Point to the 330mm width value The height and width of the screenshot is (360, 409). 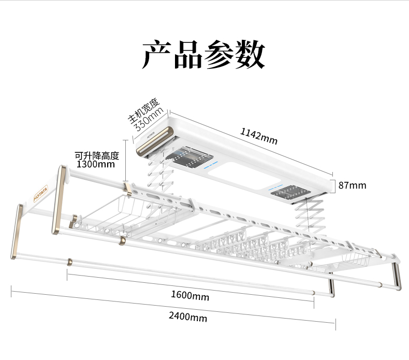[150, 120]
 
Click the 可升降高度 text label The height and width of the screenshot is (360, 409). [97, 155]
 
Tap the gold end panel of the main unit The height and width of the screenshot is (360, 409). [154, 143]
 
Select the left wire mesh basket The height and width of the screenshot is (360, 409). [111, 210]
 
